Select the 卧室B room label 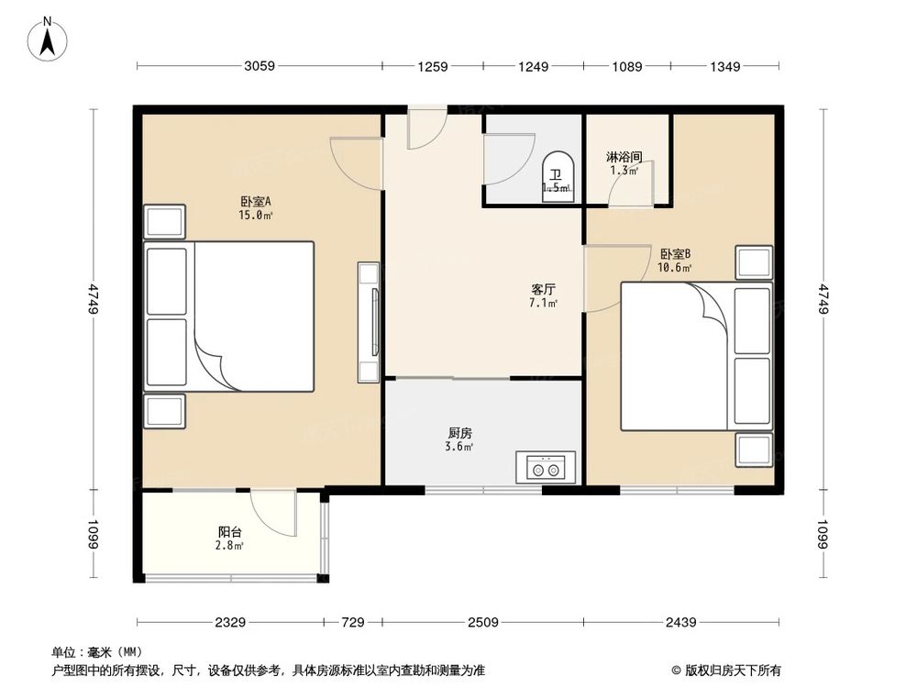(x=675, y=254)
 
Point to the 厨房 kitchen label (x=460, y=433)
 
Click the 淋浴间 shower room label (x=624, y=157)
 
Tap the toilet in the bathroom (x=557, y=176)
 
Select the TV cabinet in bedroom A (x=369, y=322)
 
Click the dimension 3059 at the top (x=260, y=66)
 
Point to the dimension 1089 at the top (x=627, y=66)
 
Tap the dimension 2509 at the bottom (x=482, y=623)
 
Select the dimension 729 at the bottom (x=352, y=623)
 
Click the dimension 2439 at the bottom (x=682, y=623)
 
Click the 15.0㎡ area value (x=256, y=216)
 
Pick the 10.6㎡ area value (x=675, y=268)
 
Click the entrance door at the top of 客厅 (x=426, y=128)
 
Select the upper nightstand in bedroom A (x=164, y=222)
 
